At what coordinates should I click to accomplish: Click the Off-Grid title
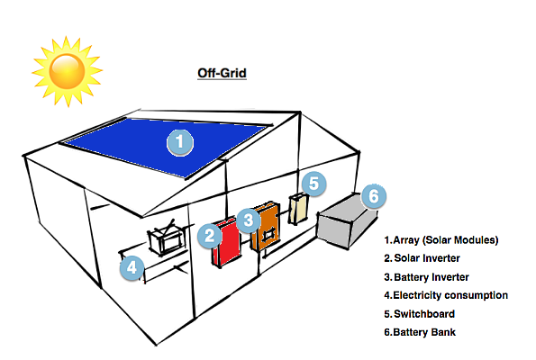pos(222,73)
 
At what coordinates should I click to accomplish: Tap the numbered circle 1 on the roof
pos(180,141)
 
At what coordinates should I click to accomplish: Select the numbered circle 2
pos(209,236)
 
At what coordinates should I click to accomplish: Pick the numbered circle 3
pos(250,218)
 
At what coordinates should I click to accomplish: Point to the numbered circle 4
pos(132,266)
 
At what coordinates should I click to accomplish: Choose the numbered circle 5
pos(313,184)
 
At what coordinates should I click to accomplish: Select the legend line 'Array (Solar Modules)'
pos(441,240)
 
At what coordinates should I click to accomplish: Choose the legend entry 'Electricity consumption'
pos(446,295)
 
